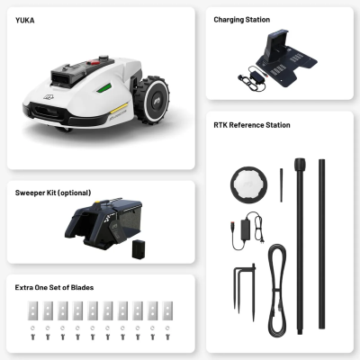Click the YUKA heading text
(x=25, y=21)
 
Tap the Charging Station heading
(x=242, y=20)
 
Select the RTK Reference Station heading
(x=252, y=125)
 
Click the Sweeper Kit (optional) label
(x=53, y=193)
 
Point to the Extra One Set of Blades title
(x=54, y=287)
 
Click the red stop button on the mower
(x=94, y=63)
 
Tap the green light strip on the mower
(x=104, y=88)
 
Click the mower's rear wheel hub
(x=157, y=100)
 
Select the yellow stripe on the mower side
(x=120, y=108)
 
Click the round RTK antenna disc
(x=248, y=184)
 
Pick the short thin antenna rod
(x=282, y=185)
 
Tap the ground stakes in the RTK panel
(x=245, y=291)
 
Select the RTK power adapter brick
(x=246, y=229)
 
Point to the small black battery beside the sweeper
(x=139, y=249)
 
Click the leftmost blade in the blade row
(x=32, y=310)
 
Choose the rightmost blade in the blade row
(x=167, y=310)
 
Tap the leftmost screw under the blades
(x=32, y=337)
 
